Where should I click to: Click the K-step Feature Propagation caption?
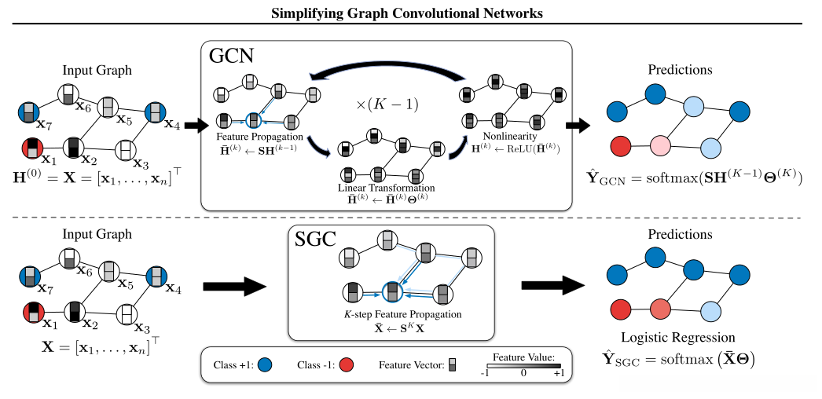tap(391, 314)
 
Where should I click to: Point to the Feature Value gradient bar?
tap(523, 366)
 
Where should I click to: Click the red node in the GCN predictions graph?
tap(620, 147)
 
